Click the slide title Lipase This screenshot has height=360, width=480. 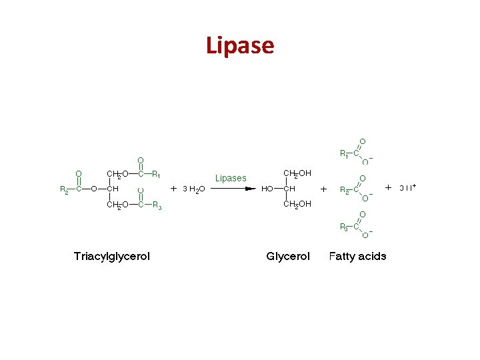click(x=240, y=45)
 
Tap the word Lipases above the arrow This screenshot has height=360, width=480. click(x=231, y=178)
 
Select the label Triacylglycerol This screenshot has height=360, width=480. click(x=112, y=256)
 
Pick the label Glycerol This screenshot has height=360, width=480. click(x=288, y=256)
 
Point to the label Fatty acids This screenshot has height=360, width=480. click(x=357, y=256)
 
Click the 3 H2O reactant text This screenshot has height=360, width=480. click(x=194, y=189)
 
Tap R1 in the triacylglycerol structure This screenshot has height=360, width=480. click(x=156, y=175)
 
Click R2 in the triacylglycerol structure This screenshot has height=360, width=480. click(x=65, y=189)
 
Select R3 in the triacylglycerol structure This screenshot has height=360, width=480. click(x=157, y=205)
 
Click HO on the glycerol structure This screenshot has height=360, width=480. click(x=267, y=189)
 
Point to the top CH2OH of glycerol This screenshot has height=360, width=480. click(x=297, y=173)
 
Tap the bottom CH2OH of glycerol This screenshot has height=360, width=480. click(x=297, y=205)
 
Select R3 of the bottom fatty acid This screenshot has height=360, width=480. click(x=344, y=228)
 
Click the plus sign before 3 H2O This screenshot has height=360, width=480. click(x=174, y=189)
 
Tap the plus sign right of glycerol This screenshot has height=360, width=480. click(x=324, y=189)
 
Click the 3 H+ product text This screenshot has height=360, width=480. click(x=407, y=188)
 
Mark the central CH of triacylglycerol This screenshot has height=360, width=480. click(x=113, y=189)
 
